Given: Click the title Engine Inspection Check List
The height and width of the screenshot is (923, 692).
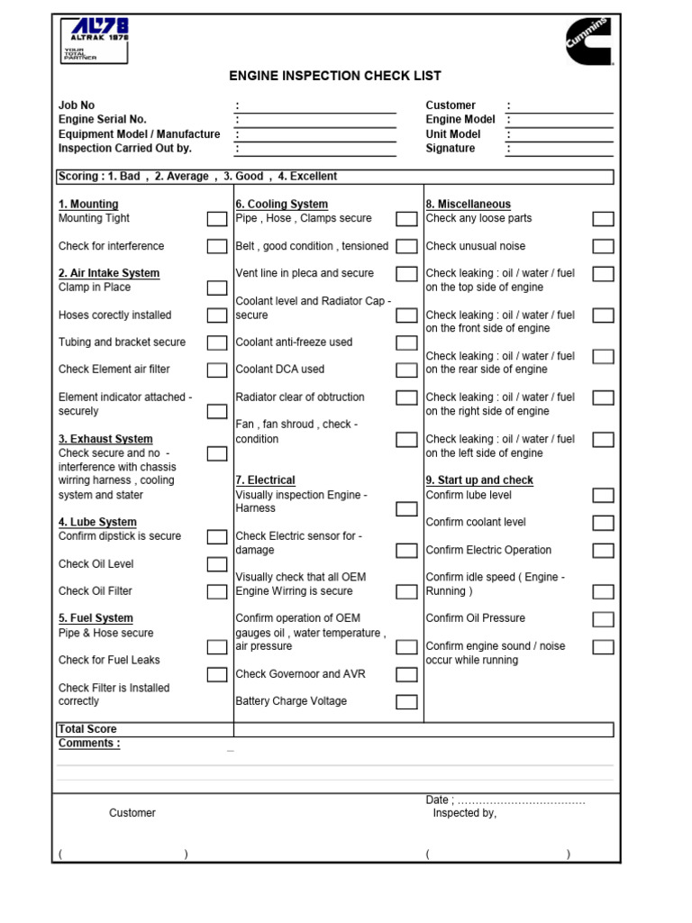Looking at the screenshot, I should coord(335,77).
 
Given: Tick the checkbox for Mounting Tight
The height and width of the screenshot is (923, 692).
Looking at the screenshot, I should coord(217,219).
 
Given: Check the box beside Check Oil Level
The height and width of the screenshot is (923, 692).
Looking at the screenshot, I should coord(217,565).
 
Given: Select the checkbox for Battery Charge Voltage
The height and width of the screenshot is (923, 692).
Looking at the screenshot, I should coord(406,702).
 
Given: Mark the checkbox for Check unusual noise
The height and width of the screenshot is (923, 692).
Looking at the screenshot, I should coord(603,247).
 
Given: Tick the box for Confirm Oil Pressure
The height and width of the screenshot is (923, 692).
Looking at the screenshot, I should coord(603,619).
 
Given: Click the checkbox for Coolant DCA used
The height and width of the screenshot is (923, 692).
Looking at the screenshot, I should coord(406,370).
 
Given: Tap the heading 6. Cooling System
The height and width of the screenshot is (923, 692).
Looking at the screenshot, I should coord(281,205).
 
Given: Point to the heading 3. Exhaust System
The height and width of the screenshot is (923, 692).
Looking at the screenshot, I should coord(105,440).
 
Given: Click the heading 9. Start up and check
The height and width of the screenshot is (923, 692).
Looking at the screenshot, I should coord(479,480).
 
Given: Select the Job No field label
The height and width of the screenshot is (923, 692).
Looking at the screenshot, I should coord(77,105).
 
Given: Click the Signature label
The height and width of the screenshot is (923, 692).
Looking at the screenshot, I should coord(451,149).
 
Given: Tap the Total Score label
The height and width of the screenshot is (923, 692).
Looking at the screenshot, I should coord(87,729).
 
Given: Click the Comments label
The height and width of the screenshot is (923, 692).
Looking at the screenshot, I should coord(89,744).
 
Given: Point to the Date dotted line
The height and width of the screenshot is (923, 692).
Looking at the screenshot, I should coord(522,800).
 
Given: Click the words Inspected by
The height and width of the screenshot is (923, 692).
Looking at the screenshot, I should coord(464,813).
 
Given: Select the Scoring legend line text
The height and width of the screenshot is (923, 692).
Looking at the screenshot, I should coord(197,177).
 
